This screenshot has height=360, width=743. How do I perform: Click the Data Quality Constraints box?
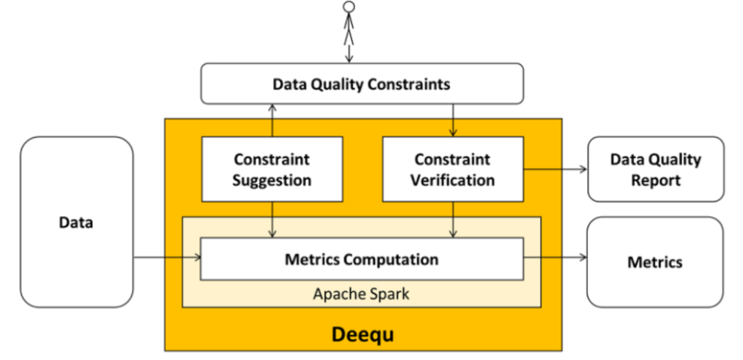click(x=362, y=84)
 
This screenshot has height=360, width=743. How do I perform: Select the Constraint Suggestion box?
click(x=272, y=169)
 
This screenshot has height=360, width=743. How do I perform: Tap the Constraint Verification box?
click(x=453, y=169)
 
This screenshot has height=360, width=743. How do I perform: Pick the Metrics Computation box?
click(x=361, y=259)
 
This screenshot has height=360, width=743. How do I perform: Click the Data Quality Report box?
click(x=655, y=169)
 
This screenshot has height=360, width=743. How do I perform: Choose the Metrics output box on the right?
click(x=655, y=262)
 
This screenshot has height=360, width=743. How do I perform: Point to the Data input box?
click(x=76, y=222)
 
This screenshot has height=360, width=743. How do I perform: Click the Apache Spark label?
click(x=361, y=294)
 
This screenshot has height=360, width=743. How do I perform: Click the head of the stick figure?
click(x=349, y=7)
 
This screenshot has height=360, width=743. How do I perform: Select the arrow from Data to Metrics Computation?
click(x=166, y=257)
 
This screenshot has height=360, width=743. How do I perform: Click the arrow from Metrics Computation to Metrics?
click(x=554, y=257)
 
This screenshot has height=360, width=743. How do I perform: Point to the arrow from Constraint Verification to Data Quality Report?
click(x=554, y=168)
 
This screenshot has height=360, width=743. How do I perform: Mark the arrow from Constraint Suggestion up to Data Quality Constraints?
click(x=272, y=120)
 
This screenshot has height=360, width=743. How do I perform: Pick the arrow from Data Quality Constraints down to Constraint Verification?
click(x=453, y=120)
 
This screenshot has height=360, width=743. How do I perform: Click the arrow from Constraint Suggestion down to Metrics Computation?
click(x=272, y=220)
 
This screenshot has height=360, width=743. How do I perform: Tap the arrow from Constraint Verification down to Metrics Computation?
click(x=453, y=220)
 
